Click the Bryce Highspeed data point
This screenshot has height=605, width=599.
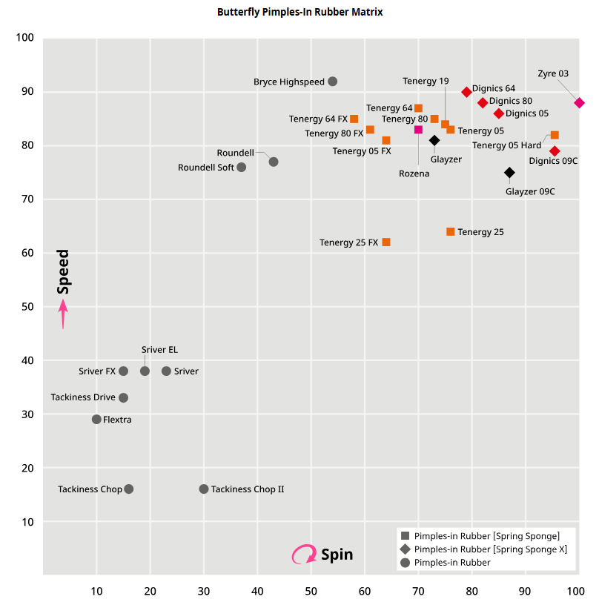click(333, 82)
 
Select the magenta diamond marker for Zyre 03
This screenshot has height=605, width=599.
click(580, 103)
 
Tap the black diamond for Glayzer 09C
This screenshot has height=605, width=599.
click(509, 173)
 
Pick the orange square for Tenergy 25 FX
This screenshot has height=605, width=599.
click(386, 242)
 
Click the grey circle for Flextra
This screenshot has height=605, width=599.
click(96, 420)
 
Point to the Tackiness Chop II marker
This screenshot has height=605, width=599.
click(204, 489)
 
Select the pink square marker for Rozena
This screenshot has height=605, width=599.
click(418, 130)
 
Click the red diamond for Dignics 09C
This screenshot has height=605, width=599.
click(555, 151)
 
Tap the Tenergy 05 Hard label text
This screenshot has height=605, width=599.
click(506, 145)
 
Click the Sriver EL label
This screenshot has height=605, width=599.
click(159, 350)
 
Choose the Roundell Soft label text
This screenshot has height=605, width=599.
click(206, 168)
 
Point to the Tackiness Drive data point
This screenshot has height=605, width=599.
click(123, 398)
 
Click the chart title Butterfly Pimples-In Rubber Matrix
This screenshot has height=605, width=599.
click(299, 13)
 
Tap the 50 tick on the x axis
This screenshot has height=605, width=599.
click(311, 591)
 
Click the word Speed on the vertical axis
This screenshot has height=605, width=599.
click(64, 271)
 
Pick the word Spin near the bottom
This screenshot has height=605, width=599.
click(337, 555)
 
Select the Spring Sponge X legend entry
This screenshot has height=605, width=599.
click(490, 549)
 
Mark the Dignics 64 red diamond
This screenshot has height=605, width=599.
click(467, 92)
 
